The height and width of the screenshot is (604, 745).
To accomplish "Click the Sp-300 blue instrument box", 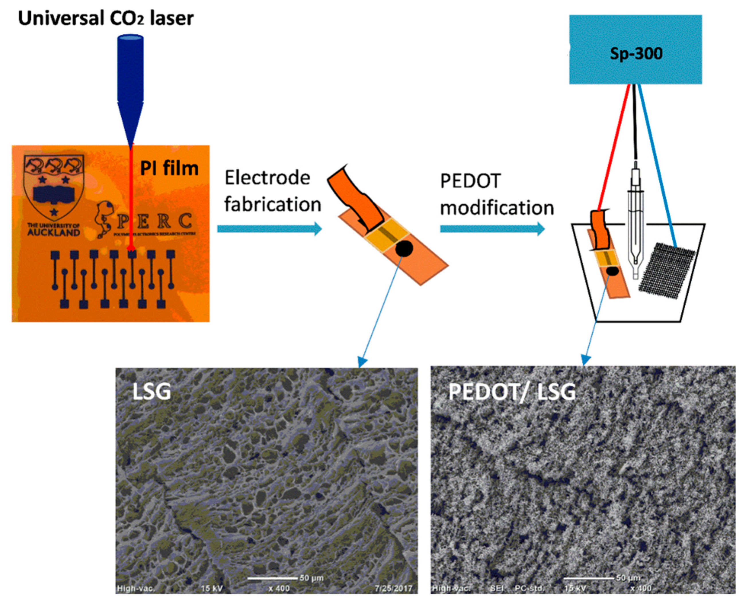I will click(x=635, y=50).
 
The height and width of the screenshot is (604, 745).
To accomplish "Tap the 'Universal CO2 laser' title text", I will click(x=106, y=18).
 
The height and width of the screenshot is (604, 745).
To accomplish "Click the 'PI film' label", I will click(x=169, y=168).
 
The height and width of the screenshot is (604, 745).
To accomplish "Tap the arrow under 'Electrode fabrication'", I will click(x=269, y=229).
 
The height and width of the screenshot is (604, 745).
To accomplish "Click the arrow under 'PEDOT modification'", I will click(x=492, y=229).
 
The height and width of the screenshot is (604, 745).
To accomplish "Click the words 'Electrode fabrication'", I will click(x=272, y=191).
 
